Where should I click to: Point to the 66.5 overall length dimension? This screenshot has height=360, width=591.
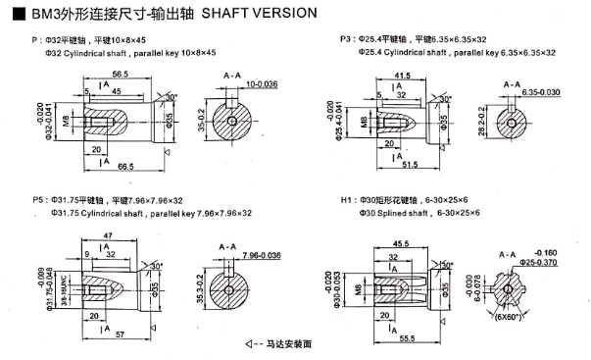click(123, 167)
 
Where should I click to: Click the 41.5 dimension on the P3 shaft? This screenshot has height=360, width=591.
click(403, 75)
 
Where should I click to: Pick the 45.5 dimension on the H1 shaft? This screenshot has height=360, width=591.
click(402, 244)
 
